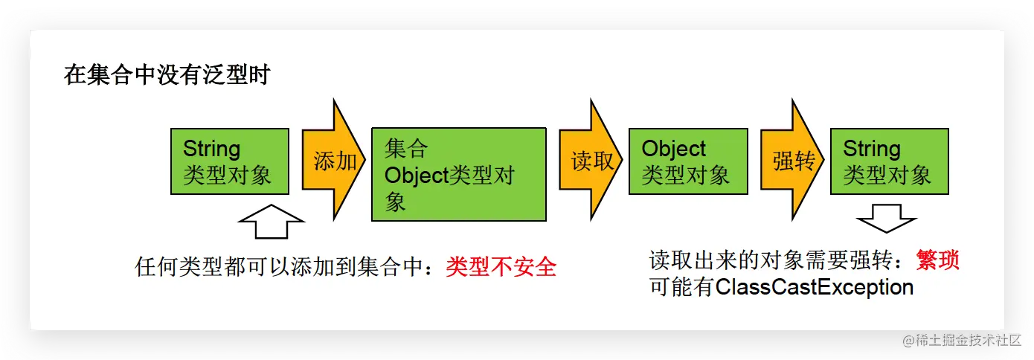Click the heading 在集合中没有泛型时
[x=167, y=76]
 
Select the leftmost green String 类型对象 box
[x=229, y=161]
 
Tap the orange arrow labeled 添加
[x=334, y=161]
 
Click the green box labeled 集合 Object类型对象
[x=458, y=174]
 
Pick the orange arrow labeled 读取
[x=591, y=161]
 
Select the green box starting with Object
[x=687, y=161]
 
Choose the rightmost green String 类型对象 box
[x=889, y=161]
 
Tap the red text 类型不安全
[x=501, y=266]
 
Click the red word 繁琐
[x=937, y=260]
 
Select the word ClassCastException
[x=815, y=287]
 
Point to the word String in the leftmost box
[x=211, y=148]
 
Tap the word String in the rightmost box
[x=871, y=148]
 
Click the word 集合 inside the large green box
[x=406, y=148]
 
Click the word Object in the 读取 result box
[x=674, y=148]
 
